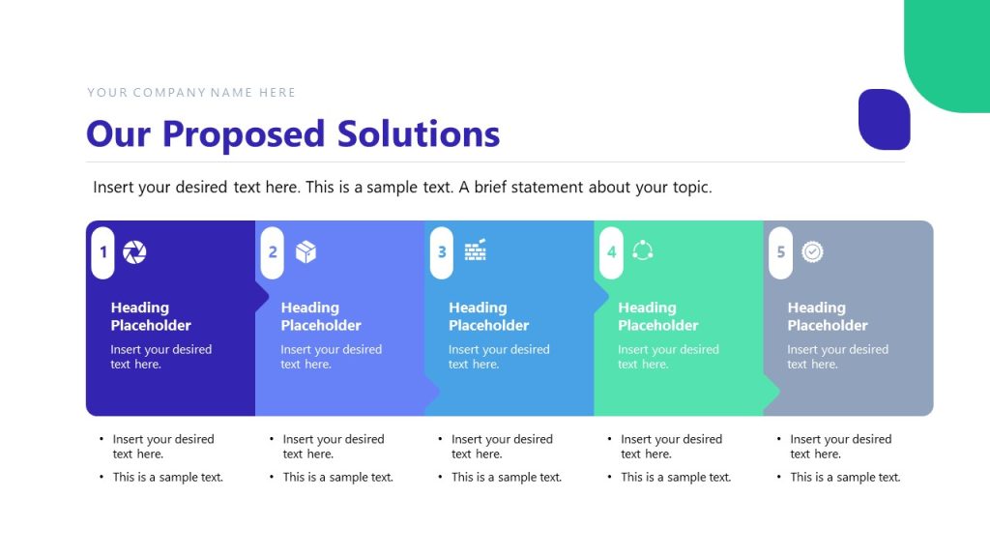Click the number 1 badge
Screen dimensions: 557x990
pos(103,252)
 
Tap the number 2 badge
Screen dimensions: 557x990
pos(273,252)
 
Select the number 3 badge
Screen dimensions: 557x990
pos(442,252)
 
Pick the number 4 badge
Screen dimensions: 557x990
pos(611,252)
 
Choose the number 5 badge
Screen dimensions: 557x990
pos(780,252)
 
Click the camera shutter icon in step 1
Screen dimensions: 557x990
pos(135,252)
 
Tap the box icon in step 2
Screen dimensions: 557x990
pos(306,252)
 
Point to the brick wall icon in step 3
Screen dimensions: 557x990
pos(475,250)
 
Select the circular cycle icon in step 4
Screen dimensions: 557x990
pos(643,251)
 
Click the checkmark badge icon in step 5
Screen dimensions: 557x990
pos(812,252)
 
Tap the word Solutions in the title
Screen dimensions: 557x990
pos(419,133)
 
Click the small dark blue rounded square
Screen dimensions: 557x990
pos(884,119)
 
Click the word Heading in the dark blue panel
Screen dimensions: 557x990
pos(139,308)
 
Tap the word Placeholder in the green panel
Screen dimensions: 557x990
pos(657,326)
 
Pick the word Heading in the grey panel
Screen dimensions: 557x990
pos(816,308)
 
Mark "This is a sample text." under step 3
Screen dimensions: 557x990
pos(506,477)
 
